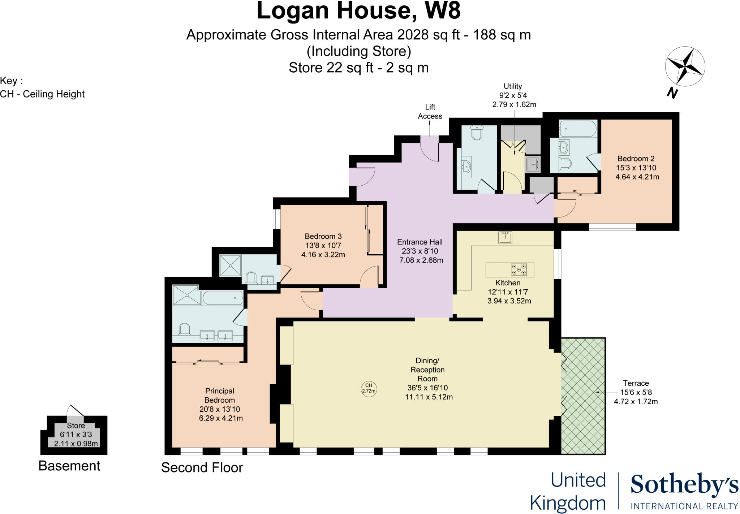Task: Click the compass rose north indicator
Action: tap(685, 67)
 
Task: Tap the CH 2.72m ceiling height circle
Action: tap(369, 388)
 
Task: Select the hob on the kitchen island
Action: tap(519, 269)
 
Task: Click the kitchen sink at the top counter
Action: tap(505, 237)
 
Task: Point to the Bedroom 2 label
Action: tap(636, 159)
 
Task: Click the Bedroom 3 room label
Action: tap(323, 236)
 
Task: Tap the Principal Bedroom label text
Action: tap(220, 396)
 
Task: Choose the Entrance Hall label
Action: tap(420, 242)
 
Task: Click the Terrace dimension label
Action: tap(636, 392)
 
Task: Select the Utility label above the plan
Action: tap(513, 86)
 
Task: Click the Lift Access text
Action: tap(430, 112)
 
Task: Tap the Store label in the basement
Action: tap(76, 426)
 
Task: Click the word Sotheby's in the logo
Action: tap(684, 485)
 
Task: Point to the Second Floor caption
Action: tap(202, 468)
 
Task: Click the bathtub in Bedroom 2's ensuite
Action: tap(577, 129)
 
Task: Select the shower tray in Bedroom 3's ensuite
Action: tap(230, 265)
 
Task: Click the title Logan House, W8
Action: tap(358, 11)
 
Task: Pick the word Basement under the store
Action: tap(69, 466)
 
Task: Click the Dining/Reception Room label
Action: tap(427, 370)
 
